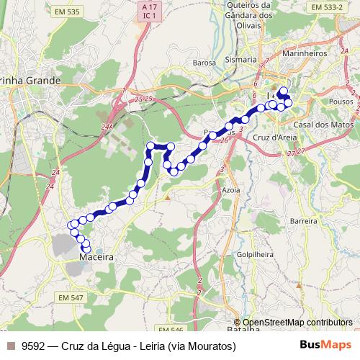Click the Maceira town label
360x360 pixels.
click(93, 255)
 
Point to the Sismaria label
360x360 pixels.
click(240, 59)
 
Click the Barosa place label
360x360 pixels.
click(204, 63)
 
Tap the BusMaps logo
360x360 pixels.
click(325, 346)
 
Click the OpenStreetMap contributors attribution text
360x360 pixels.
click(297, 323)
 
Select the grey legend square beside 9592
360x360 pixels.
click(10, 346)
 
